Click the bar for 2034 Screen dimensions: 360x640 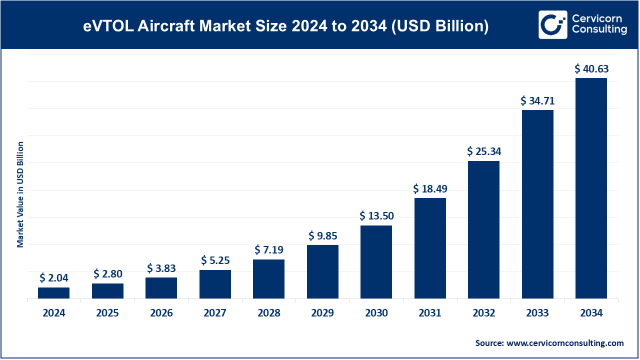591,188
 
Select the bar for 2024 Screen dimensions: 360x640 53,293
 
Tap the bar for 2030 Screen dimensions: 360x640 376,262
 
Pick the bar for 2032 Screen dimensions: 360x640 483,230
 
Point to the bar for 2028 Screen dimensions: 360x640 268,279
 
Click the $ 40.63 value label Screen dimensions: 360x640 591,68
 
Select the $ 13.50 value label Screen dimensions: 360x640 376,216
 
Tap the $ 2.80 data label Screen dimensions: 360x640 107,274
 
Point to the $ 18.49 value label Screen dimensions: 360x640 430,188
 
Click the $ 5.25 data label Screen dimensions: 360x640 215,260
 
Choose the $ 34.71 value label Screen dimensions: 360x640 537,100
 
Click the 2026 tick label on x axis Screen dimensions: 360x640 161,313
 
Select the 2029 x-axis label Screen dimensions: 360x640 322,313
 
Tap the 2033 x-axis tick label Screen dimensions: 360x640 537,313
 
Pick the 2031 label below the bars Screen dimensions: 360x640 430,313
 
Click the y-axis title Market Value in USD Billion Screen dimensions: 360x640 20,194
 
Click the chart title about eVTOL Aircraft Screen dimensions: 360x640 285,25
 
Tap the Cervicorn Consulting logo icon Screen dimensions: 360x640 552,24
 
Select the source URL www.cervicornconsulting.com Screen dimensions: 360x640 565,343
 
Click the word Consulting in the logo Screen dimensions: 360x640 599,30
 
